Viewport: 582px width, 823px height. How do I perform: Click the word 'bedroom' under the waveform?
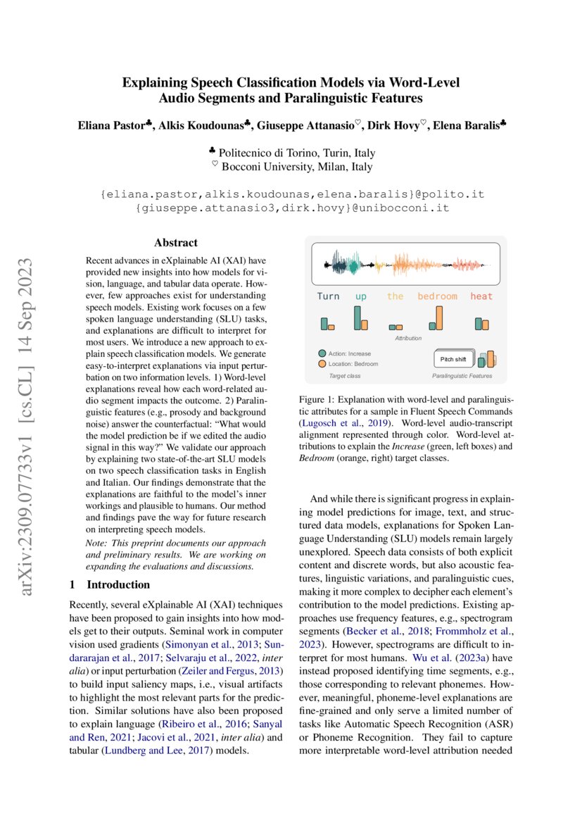pyautogui.click(x=437, y=296)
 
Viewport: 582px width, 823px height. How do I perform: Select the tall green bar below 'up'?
pyautogui.click(x=358, y=318)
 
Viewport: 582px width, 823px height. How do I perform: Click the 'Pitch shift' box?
pyautogui.click(x=453, y=359)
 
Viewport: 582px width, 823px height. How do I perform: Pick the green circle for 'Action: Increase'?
pyautogui.click(x=322, y=353)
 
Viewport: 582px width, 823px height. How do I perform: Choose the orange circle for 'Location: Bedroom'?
pyautogui.click(x=322, y=364)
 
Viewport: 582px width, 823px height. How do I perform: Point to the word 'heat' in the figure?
pyautogui.click(x=481, y=296)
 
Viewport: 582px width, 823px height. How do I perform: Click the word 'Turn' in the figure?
pyautogui.click(x=328, y=296)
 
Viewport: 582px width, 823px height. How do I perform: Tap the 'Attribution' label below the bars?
pyautogui.click(x=408, y=338)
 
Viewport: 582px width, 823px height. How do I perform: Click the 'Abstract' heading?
pyautogui.click(x=176, y=243)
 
